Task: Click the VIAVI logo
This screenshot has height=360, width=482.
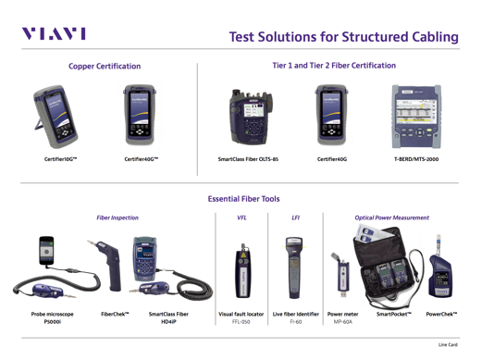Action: (54, 33)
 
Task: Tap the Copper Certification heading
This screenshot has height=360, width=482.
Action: (105, 67)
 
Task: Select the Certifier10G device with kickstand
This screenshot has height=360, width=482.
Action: (55, 117)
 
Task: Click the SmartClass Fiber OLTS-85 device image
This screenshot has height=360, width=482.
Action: (251, 118)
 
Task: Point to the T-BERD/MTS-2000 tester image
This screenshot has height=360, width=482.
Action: (416, 117)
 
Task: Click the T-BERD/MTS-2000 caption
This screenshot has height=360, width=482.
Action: (416, 159)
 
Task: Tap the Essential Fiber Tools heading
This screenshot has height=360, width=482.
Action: (243, 199)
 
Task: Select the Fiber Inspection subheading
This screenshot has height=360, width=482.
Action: (117, 217)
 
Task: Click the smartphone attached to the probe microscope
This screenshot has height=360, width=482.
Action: (46, 251)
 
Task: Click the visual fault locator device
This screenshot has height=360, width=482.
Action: (243, 270)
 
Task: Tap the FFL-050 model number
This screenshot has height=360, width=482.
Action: (241, 322)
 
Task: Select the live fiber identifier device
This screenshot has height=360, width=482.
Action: (294, 267)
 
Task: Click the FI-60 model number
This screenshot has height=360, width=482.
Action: (296, 322)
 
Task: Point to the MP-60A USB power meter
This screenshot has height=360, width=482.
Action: (341, 275)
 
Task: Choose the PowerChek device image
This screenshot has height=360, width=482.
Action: (440, 267)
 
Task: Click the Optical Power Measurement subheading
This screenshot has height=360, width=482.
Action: (391, 217)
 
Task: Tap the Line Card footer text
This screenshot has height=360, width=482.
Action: (448, 344)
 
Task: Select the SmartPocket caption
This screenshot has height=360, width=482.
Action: (394, 315)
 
